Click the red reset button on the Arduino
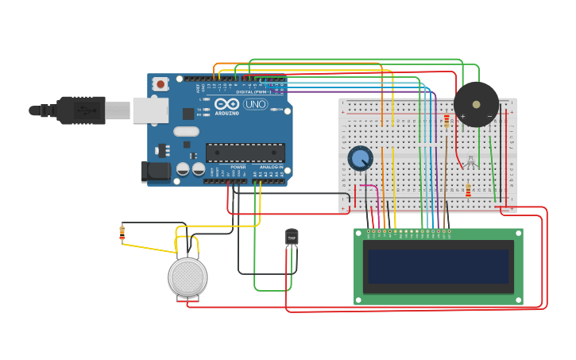(x=161, y=83)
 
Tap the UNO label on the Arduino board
(x=256, y=104)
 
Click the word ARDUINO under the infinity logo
(x=226, y=113)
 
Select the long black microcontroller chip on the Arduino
(x=245, y=152)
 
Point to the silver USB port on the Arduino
(x=150, y=110)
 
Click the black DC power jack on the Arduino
(x=157, y=171)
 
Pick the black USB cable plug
(x=80, y=110)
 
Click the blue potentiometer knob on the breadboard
(x=360, y=158)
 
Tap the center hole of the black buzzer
(x=476, y=104)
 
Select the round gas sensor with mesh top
(x=187, y=277)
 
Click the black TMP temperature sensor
(x=292, y=237)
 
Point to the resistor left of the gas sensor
(x=122, y=232)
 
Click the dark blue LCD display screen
(x=438, y=266)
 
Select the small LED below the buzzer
(x=470, y=162)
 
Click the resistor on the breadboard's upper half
(x=446, y=121)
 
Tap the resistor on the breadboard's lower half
(x=468, y=191)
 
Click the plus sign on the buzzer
(x=462, y=117)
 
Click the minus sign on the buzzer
(x=489, y=117)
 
